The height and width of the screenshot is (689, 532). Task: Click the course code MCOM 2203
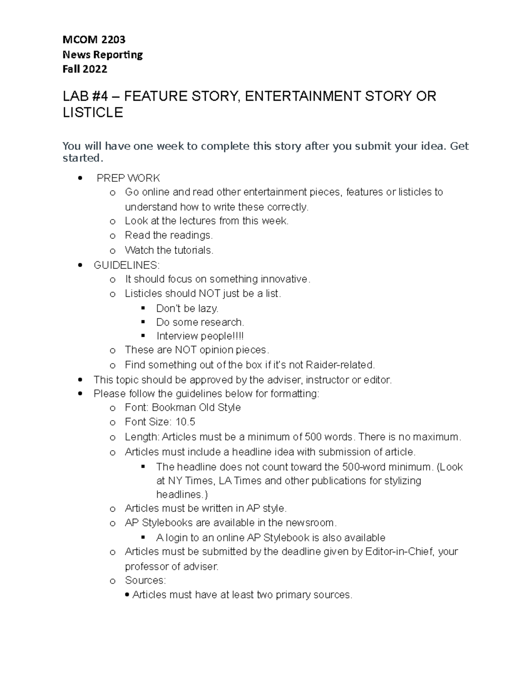[x=94, y=39]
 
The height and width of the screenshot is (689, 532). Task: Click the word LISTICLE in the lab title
[x=93, y=113]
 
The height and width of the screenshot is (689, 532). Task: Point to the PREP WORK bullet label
[x=128, y=178]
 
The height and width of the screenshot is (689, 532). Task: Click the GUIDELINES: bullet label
[x=126, y=265]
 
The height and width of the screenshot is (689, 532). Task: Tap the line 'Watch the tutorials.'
[x=169, y=250]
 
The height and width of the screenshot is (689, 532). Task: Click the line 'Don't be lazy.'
[x=187, y=308]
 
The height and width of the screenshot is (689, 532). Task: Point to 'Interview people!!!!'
[x=200, y=336]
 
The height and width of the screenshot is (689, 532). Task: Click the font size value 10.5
[x=185, y=422]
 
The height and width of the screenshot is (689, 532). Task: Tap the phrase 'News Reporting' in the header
[x=102, y=55]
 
